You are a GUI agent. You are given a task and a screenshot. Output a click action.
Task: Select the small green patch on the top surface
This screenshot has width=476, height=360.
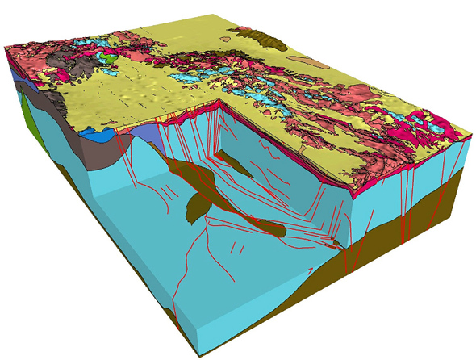[106, 57]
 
